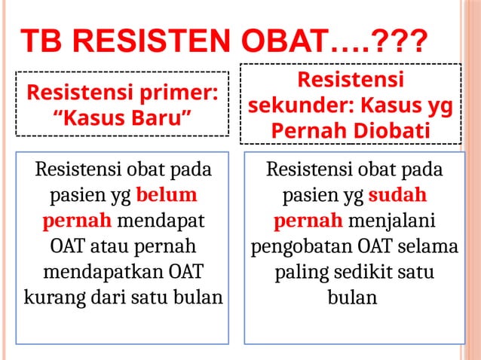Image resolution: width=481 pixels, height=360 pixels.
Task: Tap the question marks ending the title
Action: tap(401, 42)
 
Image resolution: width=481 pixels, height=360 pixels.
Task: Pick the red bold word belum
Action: tap(167, 195)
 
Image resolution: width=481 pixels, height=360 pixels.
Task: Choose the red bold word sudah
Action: tap(397, 195)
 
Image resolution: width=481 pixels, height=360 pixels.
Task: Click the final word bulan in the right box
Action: tap(352, 296)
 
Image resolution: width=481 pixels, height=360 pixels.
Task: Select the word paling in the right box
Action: tap(300, 271)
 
